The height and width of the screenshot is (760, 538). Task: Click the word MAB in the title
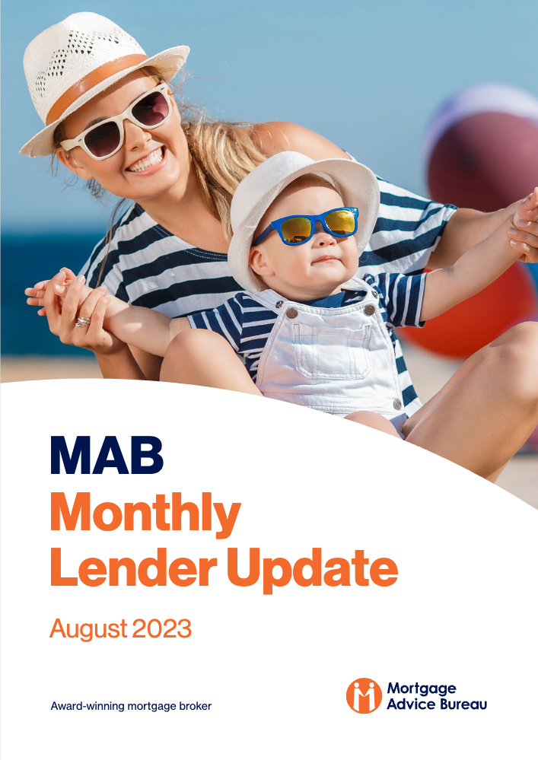click(x=107, y=455)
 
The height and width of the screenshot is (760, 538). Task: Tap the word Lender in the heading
click(x=133, y=568)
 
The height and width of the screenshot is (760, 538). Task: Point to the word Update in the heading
click(x=312, y=570)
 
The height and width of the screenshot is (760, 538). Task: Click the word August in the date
click(x=88, y=630)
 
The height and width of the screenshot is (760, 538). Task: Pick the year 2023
click(x=162, y=628)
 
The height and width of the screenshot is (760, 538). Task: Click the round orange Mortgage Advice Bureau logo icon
click(x=364, y=695)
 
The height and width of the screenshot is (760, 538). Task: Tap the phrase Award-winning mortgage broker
click(x=131, y=706)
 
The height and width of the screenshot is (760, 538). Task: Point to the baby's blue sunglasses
click(x=307, y=226)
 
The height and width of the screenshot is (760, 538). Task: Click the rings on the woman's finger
click(x=83, y=321)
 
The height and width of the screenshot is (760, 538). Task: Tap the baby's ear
click(x=258, y=261)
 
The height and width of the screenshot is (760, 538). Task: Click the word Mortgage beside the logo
click(x=422, y=689)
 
